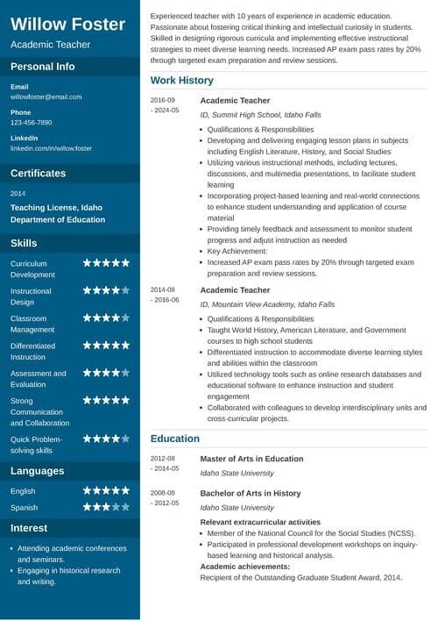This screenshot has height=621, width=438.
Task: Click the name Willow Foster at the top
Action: [x=68, y=24]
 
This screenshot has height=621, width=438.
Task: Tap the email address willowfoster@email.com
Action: [x=46, y=96]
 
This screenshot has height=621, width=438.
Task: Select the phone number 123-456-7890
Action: [x=32, y=123]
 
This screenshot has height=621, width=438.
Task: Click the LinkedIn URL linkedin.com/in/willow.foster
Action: [x=51, y=148]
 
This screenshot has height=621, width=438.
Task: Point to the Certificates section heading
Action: [x=38, y=173]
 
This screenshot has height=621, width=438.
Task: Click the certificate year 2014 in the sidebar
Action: [x=18, y=193]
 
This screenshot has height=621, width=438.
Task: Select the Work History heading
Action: [x=181, y=81]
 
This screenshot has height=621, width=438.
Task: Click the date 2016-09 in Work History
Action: [x=163, y=101]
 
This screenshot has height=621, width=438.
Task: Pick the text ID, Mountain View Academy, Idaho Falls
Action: [x=267, y=304]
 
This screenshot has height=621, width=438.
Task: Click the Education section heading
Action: [x=175, y=438]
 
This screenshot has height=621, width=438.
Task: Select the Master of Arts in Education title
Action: [x=251, y=459]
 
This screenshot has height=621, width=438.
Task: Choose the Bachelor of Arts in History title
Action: [x=250, y=494]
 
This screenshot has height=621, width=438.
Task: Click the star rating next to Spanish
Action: [x=106, y=507]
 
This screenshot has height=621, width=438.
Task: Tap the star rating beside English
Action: [x=106, y=491]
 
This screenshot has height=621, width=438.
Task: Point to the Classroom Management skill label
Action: [x=32, y=324]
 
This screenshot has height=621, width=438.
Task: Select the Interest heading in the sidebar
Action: [x=29, y=528]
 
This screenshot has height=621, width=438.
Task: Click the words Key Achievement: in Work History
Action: [x=237, y=251]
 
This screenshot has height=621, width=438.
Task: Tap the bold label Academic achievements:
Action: [x=251, y=567]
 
